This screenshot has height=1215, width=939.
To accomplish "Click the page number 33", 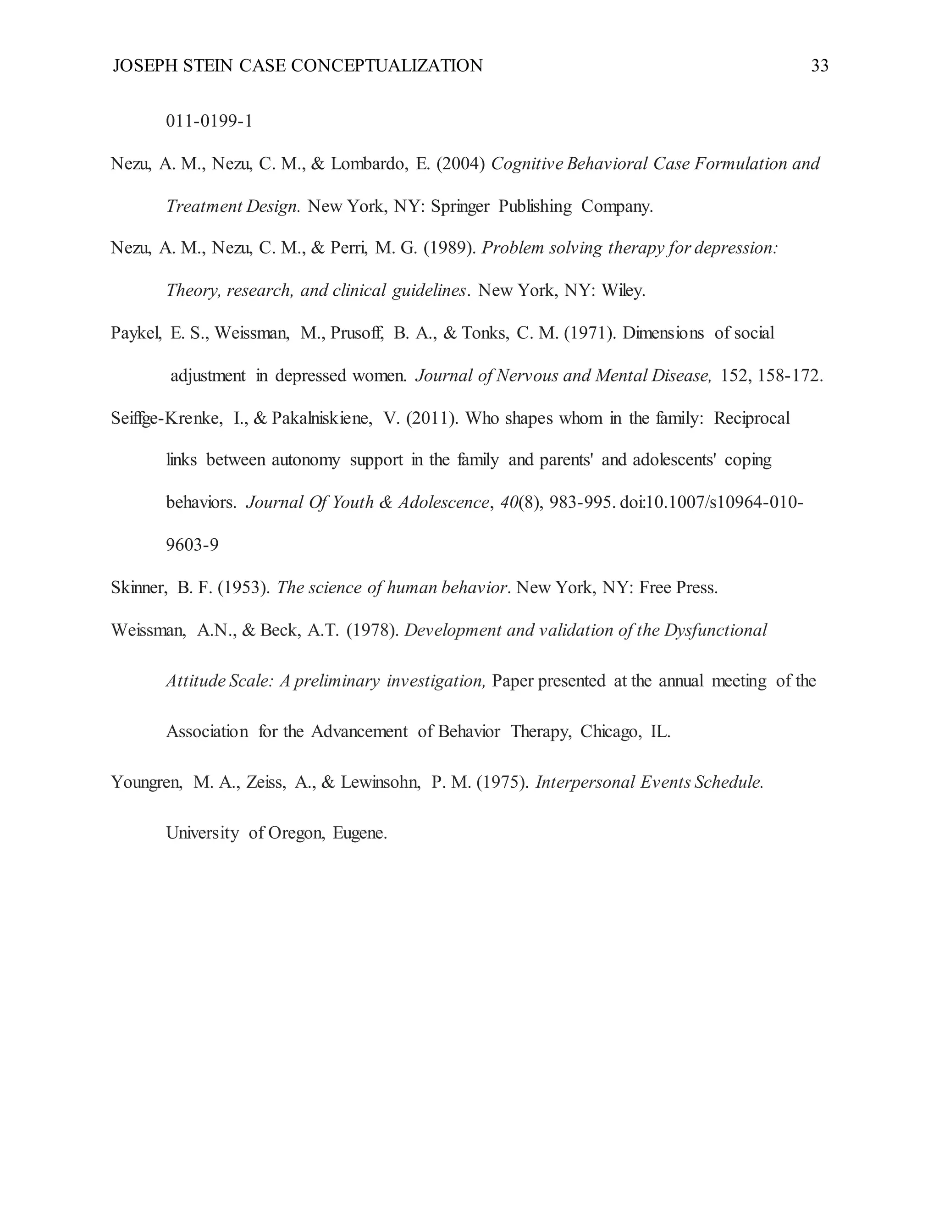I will point(819,66).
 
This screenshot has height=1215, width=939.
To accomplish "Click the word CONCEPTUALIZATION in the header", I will point(387,66).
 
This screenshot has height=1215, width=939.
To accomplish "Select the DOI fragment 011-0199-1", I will point(209,121).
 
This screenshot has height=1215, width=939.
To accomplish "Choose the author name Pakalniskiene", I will point(322,418).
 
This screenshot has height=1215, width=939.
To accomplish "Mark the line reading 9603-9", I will point(192,545).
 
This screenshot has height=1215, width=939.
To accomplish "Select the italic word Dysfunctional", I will point(715,630).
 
